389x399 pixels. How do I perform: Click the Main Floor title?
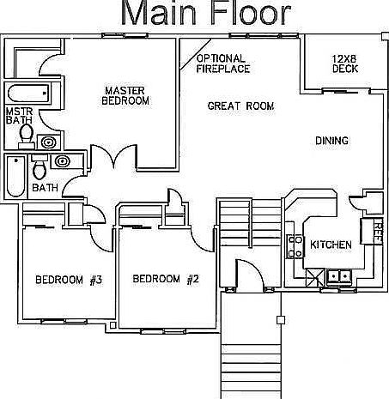pyautogui.click(x=206, y=13)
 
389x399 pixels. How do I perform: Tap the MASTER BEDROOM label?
pyautogui.click(x=125, y=96)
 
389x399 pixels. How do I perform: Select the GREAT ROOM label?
pyautogui.click(x=240, y=106)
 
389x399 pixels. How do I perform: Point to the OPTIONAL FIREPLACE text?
pyautogui.click(x=223, y=63)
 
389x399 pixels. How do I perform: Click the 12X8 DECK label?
pyautogui.click(x=345, y=63)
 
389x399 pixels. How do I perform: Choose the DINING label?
pyautogui.click(x=332, y=141)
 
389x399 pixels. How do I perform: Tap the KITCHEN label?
pyautogui.click(x=331, y=245)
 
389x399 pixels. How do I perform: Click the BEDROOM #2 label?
pyautogui.click(x=166, y=279)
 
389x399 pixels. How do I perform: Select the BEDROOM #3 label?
pyautogui.click(x=69, y=280)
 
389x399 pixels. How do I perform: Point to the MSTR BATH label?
pyautogui.click(x=19, y=116)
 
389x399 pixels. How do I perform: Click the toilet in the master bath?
pyautogui.click(x=27, y=136)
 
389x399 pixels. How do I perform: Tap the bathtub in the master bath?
pyautogui.click(x=28, y=94)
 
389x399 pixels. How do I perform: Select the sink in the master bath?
pyautogui.click(x=49, y=142)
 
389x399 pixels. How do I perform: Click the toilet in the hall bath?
pyautogui.click(x=40, y=167)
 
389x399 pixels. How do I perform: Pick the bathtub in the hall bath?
pyautogui.click(x=16, y=176)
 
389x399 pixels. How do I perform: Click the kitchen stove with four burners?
pyautogui.click(x=295, y=246)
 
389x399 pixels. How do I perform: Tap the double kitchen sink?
pyautogui.click(x=339, y=276)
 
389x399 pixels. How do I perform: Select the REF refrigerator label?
pyautogui.click(x=379, y=231)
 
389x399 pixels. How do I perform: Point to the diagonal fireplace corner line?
pyautogui.click(x=195, y=54)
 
